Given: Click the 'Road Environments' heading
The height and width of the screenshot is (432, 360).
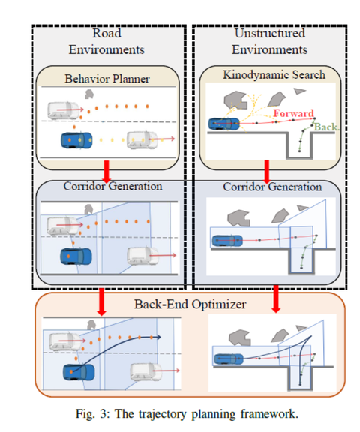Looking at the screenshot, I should pos(108,42).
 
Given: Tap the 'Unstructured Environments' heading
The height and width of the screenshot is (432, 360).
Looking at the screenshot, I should pos(270,42).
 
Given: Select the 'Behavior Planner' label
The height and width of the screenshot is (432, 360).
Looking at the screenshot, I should pos(108,78).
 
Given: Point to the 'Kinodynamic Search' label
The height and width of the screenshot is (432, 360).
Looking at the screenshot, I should pos(270,75).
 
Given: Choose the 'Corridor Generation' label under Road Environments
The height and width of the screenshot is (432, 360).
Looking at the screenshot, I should pos(108,185).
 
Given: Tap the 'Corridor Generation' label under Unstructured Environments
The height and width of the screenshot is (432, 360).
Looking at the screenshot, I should pos(270,186).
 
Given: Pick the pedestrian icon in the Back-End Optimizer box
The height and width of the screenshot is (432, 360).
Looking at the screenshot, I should pos(91,323).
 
